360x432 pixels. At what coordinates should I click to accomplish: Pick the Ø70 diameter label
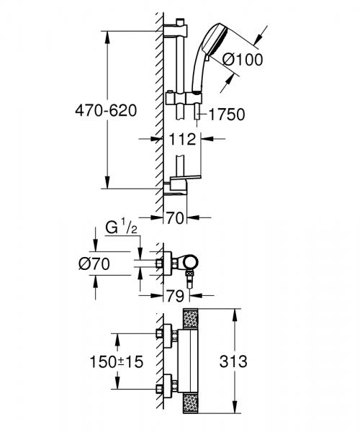(95, 265)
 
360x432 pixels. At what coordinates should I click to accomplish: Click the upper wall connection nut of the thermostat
(166, 336)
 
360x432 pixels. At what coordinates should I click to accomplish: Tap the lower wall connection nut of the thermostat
(166, 384)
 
